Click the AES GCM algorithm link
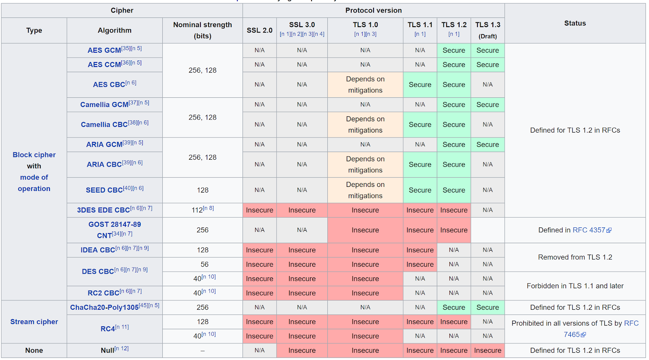(104, 51)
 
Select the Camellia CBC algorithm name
(104, 125)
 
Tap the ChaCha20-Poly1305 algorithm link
(104, 308)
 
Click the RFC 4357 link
(589, 230)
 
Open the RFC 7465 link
(571, 335)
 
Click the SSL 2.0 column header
(260, 30)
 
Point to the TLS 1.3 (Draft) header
(488, 30)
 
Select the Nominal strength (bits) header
(202, 30)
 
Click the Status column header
(575, 24)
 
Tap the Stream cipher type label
(34, 322)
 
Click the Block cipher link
(34, 155)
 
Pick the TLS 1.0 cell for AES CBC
(365, 85)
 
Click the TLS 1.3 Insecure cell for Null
(488, 351)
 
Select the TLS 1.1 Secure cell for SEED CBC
(420, 190)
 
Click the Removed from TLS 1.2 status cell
(575, 257)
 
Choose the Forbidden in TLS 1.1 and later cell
(575, 286)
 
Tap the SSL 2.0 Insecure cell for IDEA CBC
(260, 250)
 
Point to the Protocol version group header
(373, 11)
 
